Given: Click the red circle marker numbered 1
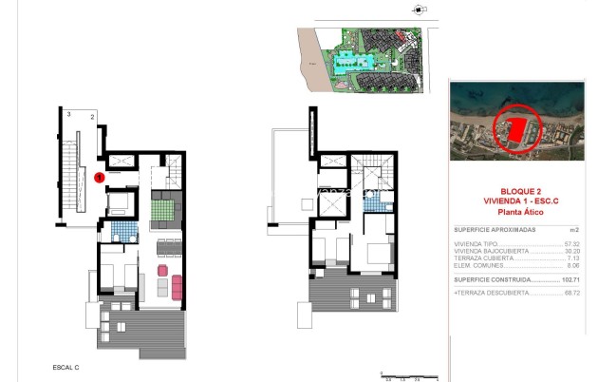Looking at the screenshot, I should [x=100, y=176].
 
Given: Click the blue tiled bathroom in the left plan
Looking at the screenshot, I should [x=120, y=228].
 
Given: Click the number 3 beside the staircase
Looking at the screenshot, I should [x=69, y=114].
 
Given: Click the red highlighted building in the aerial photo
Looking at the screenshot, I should [x=516, y=132].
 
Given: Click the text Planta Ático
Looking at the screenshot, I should [x=516, y=213].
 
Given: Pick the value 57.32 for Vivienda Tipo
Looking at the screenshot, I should [x=570, y=244].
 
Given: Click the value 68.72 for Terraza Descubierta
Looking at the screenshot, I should [x=570, y=294].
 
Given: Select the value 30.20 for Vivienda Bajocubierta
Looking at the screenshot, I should [x=570, y=251].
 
